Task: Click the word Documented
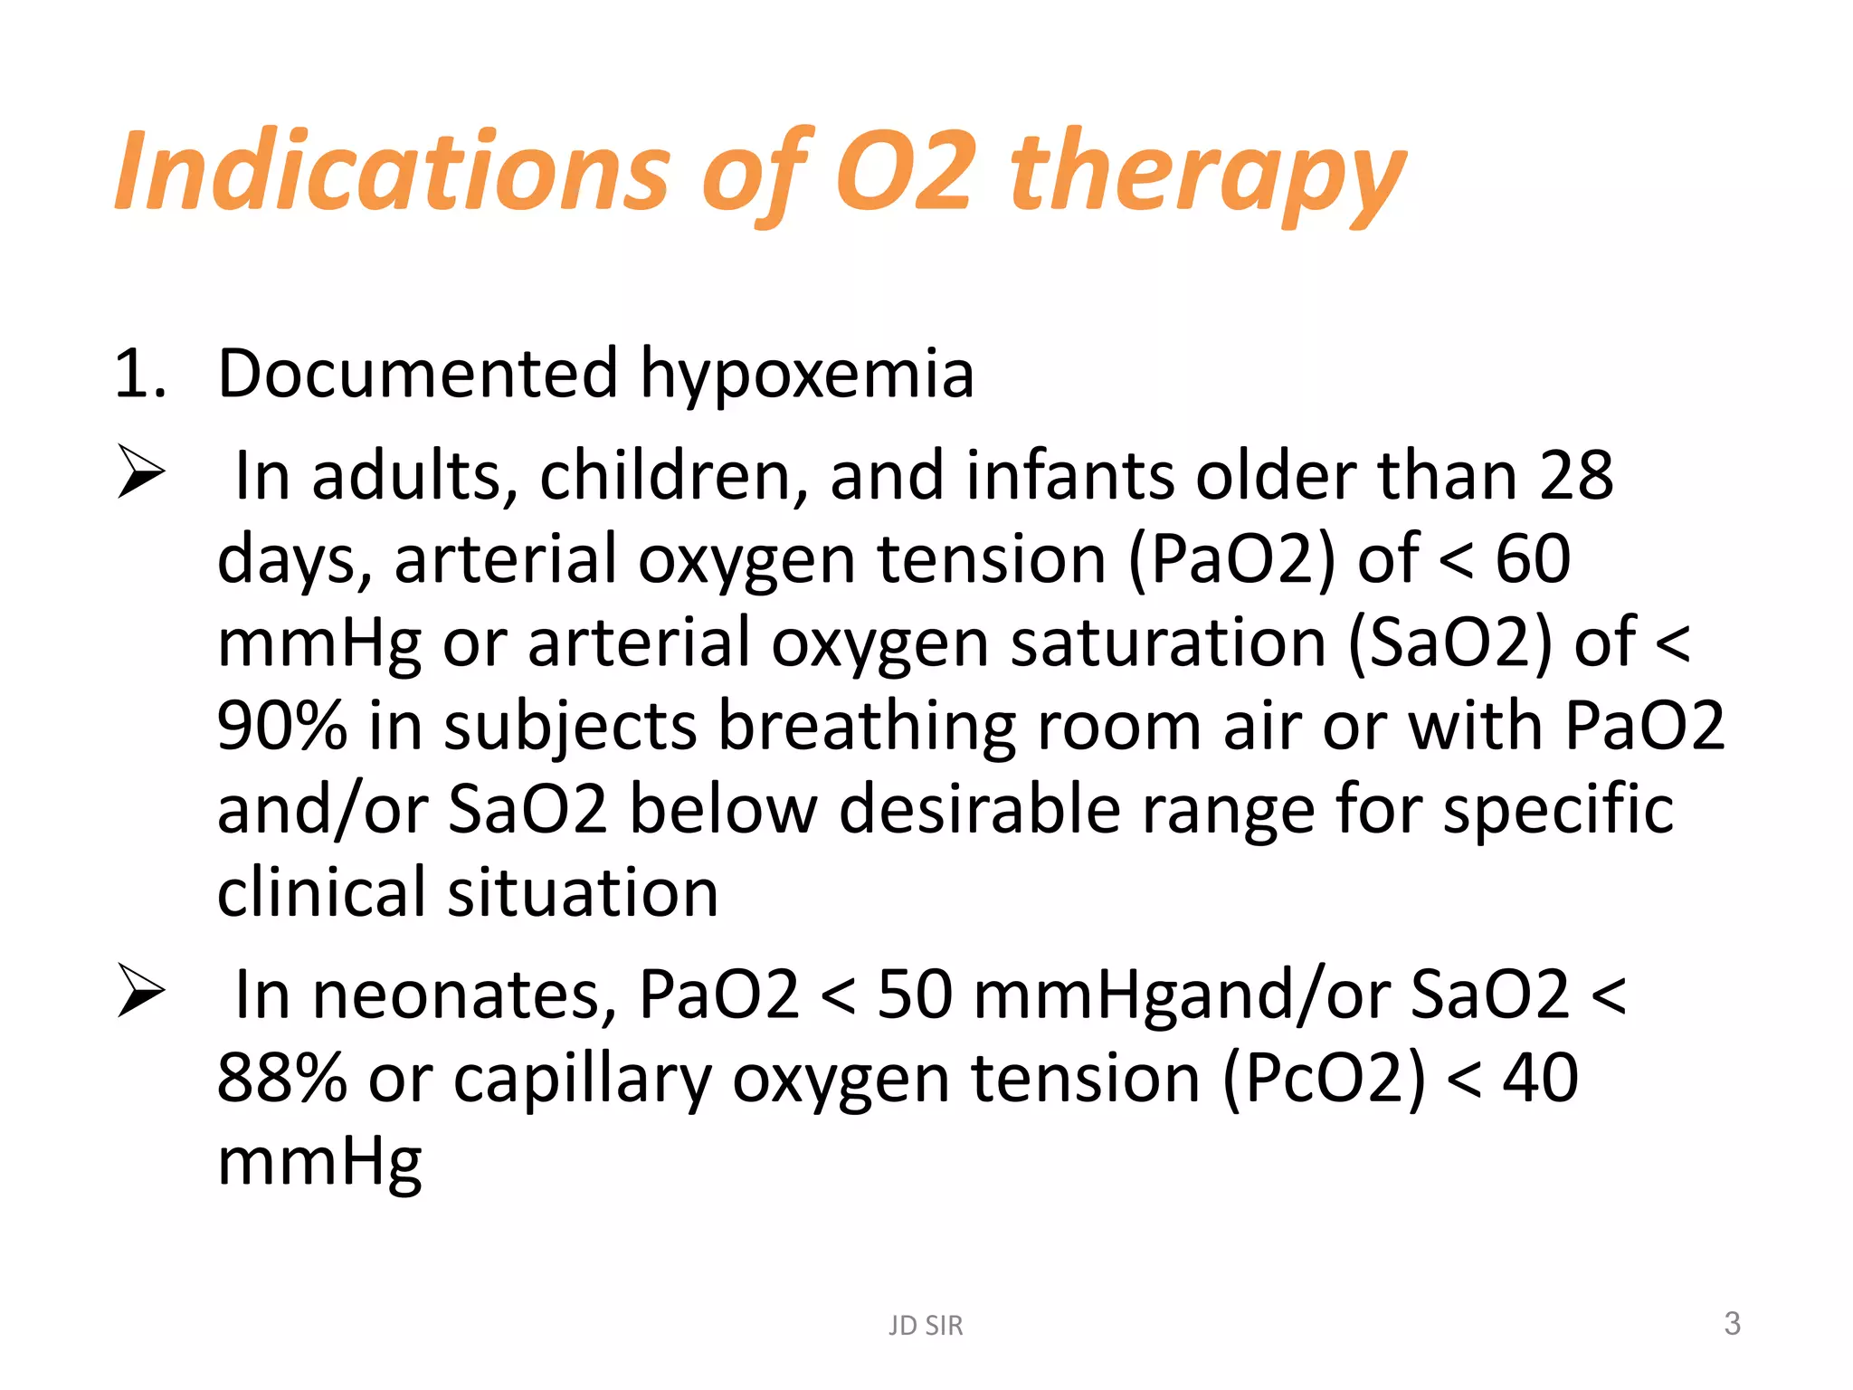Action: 418,373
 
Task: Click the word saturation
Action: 1168,643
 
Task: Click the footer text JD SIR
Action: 926,1326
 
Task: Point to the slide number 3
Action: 1732,1324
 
